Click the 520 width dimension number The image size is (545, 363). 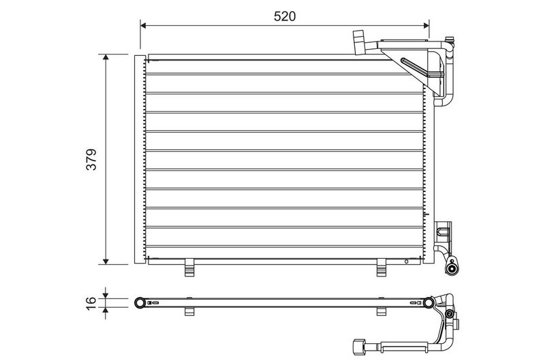284,16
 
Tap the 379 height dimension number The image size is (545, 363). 91,159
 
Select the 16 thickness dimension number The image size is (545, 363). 91,303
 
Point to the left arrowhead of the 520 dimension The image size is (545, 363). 143,25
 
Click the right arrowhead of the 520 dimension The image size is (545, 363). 426,25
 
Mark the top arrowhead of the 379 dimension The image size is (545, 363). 106,57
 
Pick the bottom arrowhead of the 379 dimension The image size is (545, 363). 106,262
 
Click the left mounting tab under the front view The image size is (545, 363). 190,268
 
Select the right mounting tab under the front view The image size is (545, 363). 381,268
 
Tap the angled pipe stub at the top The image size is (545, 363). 358,42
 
